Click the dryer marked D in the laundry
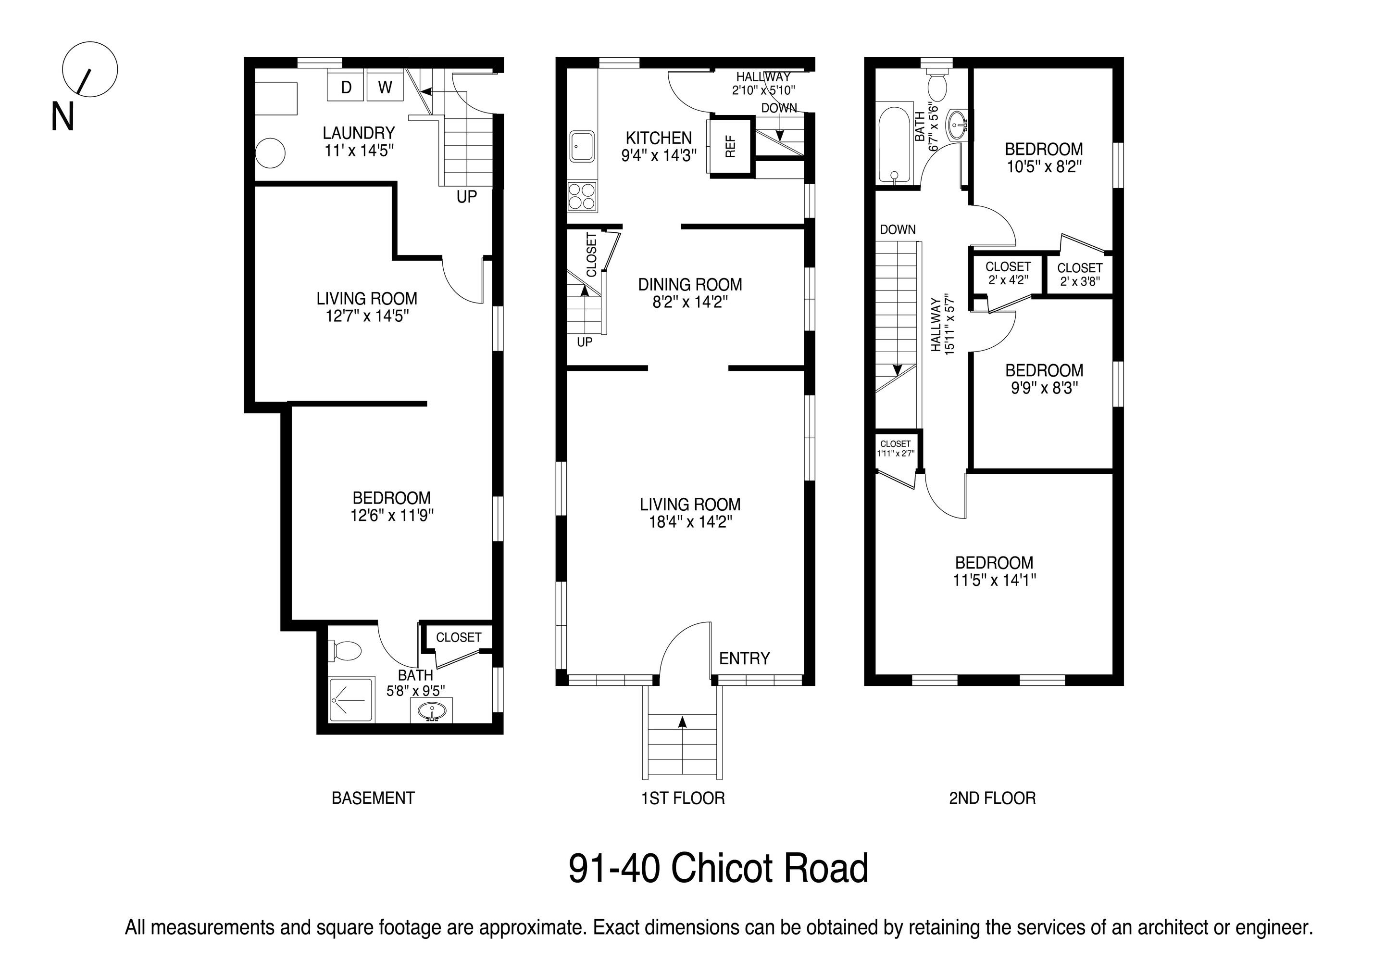pyautogui.click(x=346, y=87)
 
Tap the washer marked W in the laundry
pyautogui.click(x=385, y=87)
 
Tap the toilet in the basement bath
pyautogui.click(x=345, y=651)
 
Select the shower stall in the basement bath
pyautogui.click(x=351, y=699)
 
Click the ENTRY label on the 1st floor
pyautogui.click(x=745, y=658)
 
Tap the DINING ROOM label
pyautogui.click(x=690, y=285)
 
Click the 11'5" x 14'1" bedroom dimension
pyautogui.click(x=995, y=580)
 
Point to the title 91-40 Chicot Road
pyautogui.click(x=718, y=869)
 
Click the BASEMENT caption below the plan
pyautogui.click(x=373, y=798)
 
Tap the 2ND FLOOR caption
pyautogui.click(x=993, y=798)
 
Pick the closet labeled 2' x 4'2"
pyautogui.click(x=1008, y=274)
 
